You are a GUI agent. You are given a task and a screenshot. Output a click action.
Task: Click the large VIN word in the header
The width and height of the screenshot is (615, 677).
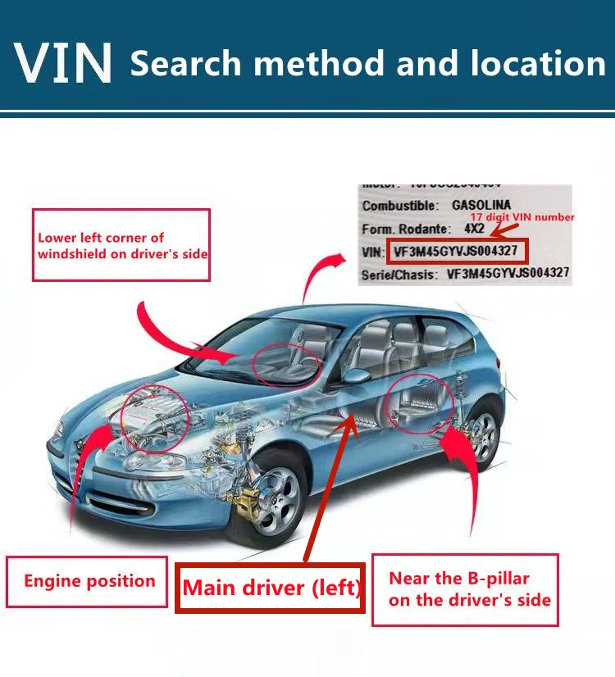pyautogui.click(x=63, y=61)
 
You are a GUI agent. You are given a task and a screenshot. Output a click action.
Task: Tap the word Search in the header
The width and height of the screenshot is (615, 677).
pyautogui.click(x=192, y=62)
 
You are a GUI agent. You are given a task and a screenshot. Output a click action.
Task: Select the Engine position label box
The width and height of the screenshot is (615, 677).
pyautogui.click(x=89, y=582)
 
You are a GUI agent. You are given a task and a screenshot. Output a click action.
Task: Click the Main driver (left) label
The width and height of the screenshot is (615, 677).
pyautogui.click(x=271, y=588)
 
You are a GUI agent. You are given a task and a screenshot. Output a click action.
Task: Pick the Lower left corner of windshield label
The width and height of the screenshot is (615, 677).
pyautogui.click(x=121, y=246)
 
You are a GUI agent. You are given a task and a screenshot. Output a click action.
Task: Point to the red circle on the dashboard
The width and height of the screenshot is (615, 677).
pyautogui.click(x=286, y=364)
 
